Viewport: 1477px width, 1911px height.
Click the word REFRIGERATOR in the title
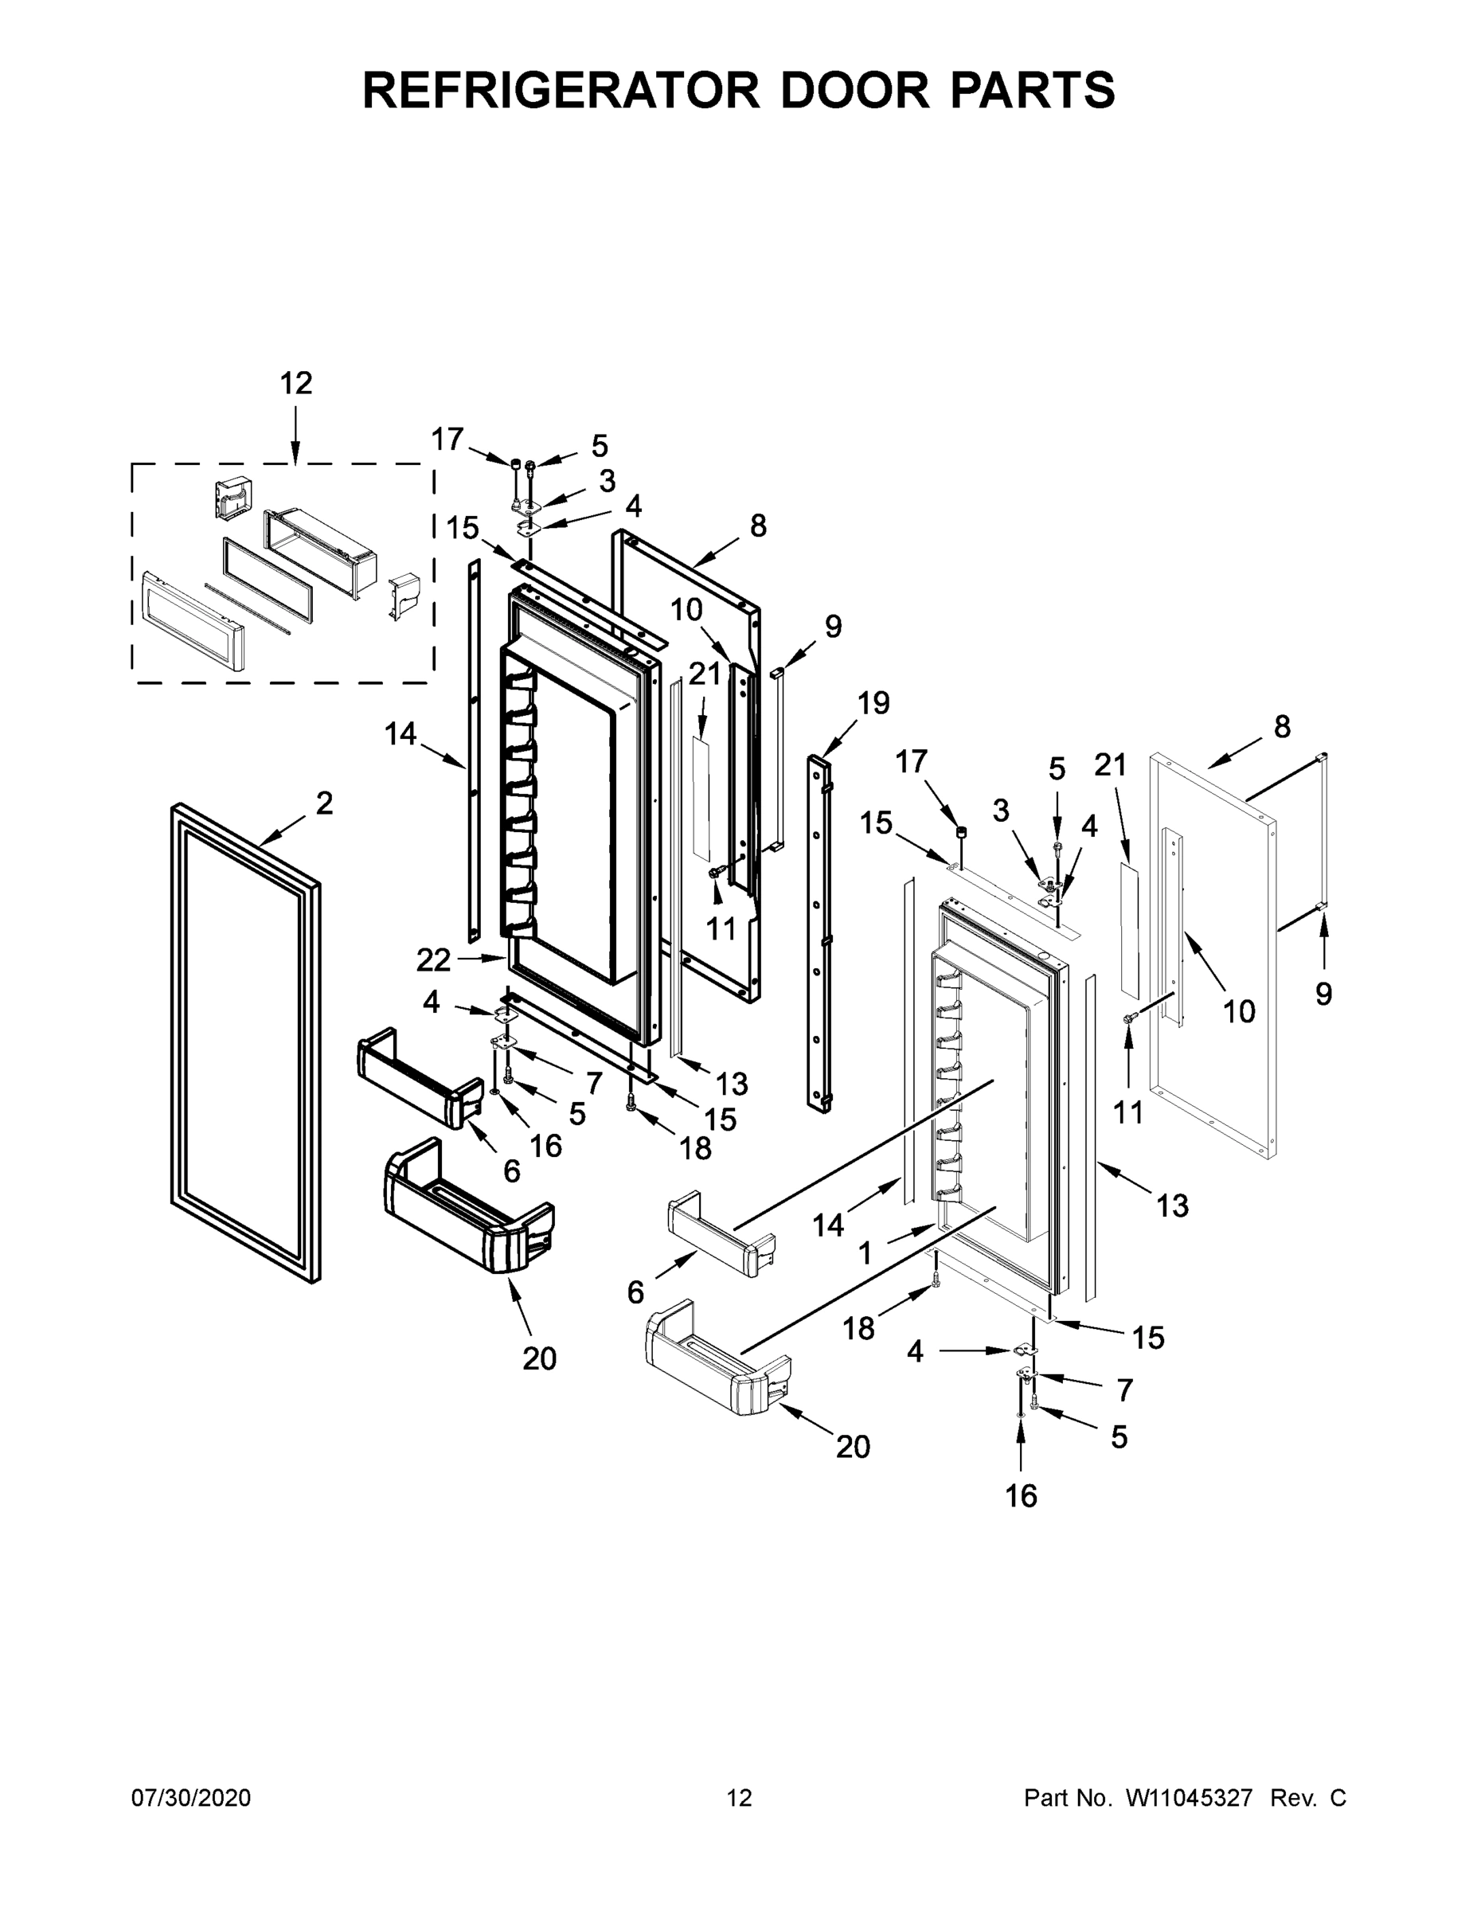(x=561, y=90)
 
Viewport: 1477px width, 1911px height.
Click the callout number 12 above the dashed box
(x=295, y=383)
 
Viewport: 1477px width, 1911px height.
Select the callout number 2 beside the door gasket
(x=325, y=803)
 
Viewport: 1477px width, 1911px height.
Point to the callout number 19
(x=873, y=702)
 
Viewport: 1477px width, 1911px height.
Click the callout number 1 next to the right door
(x=865, y=1254)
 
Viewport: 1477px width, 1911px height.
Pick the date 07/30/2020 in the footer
(x=191, y=1797)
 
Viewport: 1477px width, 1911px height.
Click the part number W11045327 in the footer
(x=1189, y=1797)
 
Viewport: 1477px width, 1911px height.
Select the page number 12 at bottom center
(x=739, y=1797)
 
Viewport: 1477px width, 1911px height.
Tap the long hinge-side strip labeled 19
(x=819, y=936)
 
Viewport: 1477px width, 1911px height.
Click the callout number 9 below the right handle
(x=1323, y=993)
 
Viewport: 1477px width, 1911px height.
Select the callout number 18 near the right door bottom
(x=858, y=1328)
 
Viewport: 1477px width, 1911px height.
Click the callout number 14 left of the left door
(x=400, y=733)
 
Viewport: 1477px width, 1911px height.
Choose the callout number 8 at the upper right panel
(x=1281, y=726)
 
